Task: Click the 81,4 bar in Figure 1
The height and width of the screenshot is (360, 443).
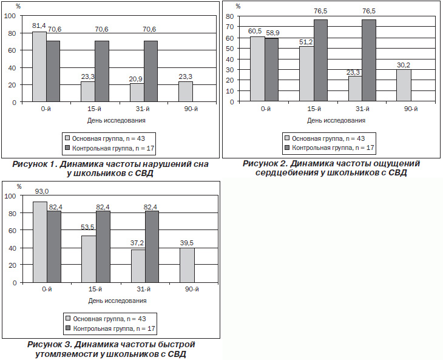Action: tap(39, 67)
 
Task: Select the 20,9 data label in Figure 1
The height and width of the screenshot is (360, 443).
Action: tap(135, 79)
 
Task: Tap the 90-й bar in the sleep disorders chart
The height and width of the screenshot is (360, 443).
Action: tap(186, 92)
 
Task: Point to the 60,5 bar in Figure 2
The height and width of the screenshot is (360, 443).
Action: tap(258, 69)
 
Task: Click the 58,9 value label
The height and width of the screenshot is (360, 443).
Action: tap(272, 33)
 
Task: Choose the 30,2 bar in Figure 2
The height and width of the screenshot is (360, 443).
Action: tap(404, 85)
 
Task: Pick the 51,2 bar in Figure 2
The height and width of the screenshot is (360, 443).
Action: tap(306, 73)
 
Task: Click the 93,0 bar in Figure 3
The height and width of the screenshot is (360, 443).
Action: tap(40, 242)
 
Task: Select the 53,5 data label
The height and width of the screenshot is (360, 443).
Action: tap(87, 228)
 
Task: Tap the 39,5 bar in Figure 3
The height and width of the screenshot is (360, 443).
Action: tap(187, 265)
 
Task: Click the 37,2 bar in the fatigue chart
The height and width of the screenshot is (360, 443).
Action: tap(138, 266)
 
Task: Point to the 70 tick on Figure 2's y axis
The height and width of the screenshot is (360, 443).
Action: tap(230, 27)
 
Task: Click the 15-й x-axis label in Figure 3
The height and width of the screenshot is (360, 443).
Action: tap(95, 290)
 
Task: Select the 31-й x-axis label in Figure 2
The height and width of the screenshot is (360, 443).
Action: tap(362, 109)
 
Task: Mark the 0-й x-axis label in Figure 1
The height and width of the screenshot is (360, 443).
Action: tap(46, 109)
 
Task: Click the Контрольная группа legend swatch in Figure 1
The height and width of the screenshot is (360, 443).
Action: tap(67, 148)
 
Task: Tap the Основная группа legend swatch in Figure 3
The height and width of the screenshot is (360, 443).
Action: tap(68, 319)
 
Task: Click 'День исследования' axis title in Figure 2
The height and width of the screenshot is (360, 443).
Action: tap(336, 121)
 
